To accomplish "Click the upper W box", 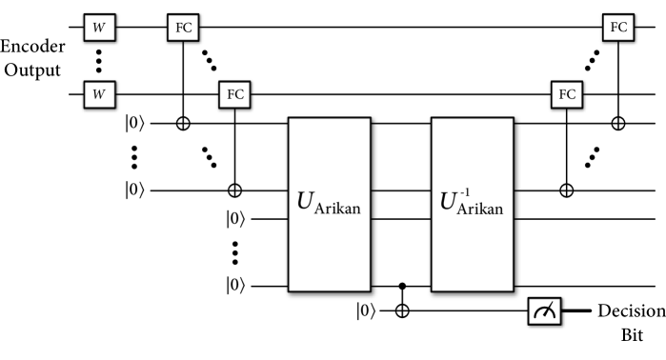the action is coord(99,28).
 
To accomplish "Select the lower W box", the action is coord(99,95).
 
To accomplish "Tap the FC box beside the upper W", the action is coord(183,28).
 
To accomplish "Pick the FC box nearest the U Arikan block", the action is coord(234,95).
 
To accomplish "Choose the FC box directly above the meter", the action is coord(566,95).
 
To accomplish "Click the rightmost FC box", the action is coord(618,28).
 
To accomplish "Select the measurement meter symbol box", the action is coord(544,311).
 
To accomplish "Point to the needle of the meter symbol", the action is coord(547,310).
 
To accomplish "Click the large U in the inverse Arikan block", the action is coord(448,202).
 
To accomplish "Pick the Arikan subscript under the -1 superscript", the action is coord(479,210).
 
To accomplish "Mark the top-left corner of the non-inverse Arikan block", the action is coord(290,119).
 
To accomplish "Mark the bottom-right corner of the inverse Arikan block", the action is coord(512,290).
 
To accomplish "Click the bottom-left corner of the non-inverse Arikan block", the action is coord(290,290).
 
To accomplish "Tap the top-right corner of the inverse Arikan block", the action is coord(512,119).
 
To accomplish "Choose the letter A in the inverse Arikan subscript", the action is coord(463,209).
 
